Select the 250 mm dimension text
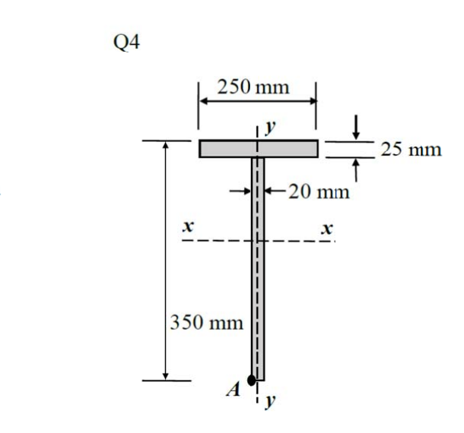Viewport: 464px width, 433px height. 253,87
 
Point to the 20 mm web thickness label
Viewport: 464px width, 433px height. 319,191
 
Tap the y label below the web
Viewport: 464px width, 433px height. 269,400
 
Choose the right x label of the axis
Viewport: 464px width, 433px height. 327,227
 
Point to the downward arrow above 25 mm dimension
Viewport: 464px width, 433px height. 355,131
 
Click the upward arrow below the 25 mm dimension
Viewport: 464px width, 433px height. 355,168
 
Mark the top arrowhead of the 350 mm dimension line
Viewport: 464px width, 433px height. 165,145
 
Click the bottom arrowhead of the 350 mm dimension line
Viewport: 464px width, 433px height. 165,375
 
